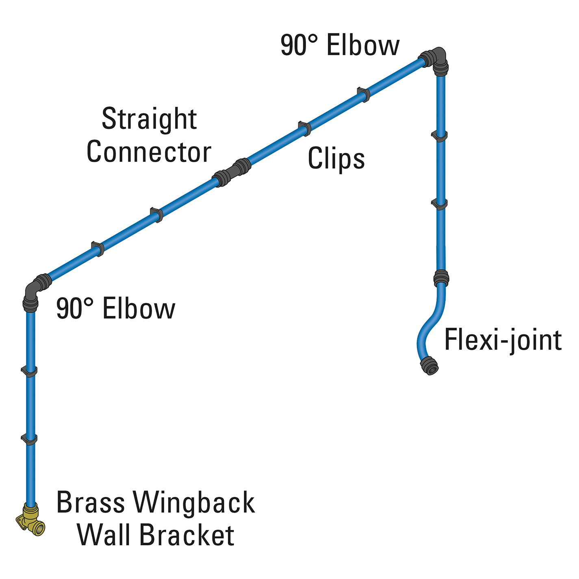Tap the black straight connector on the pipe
pos(232,173)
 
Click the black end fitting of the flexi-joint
pos(429,365)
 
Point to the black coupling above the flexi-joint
pos(441,278)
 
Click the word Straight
pos(149,119)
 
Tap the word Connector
pos(149,152)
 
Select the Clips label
pos(336,158)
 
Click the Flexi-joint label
pos(503,340)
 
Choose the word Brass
pos(90,502)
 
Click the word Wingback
pos(195,503)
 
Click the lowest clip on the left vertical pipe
pos(29,439)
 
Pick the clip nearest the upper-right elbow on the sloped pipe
pos(363,94)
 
